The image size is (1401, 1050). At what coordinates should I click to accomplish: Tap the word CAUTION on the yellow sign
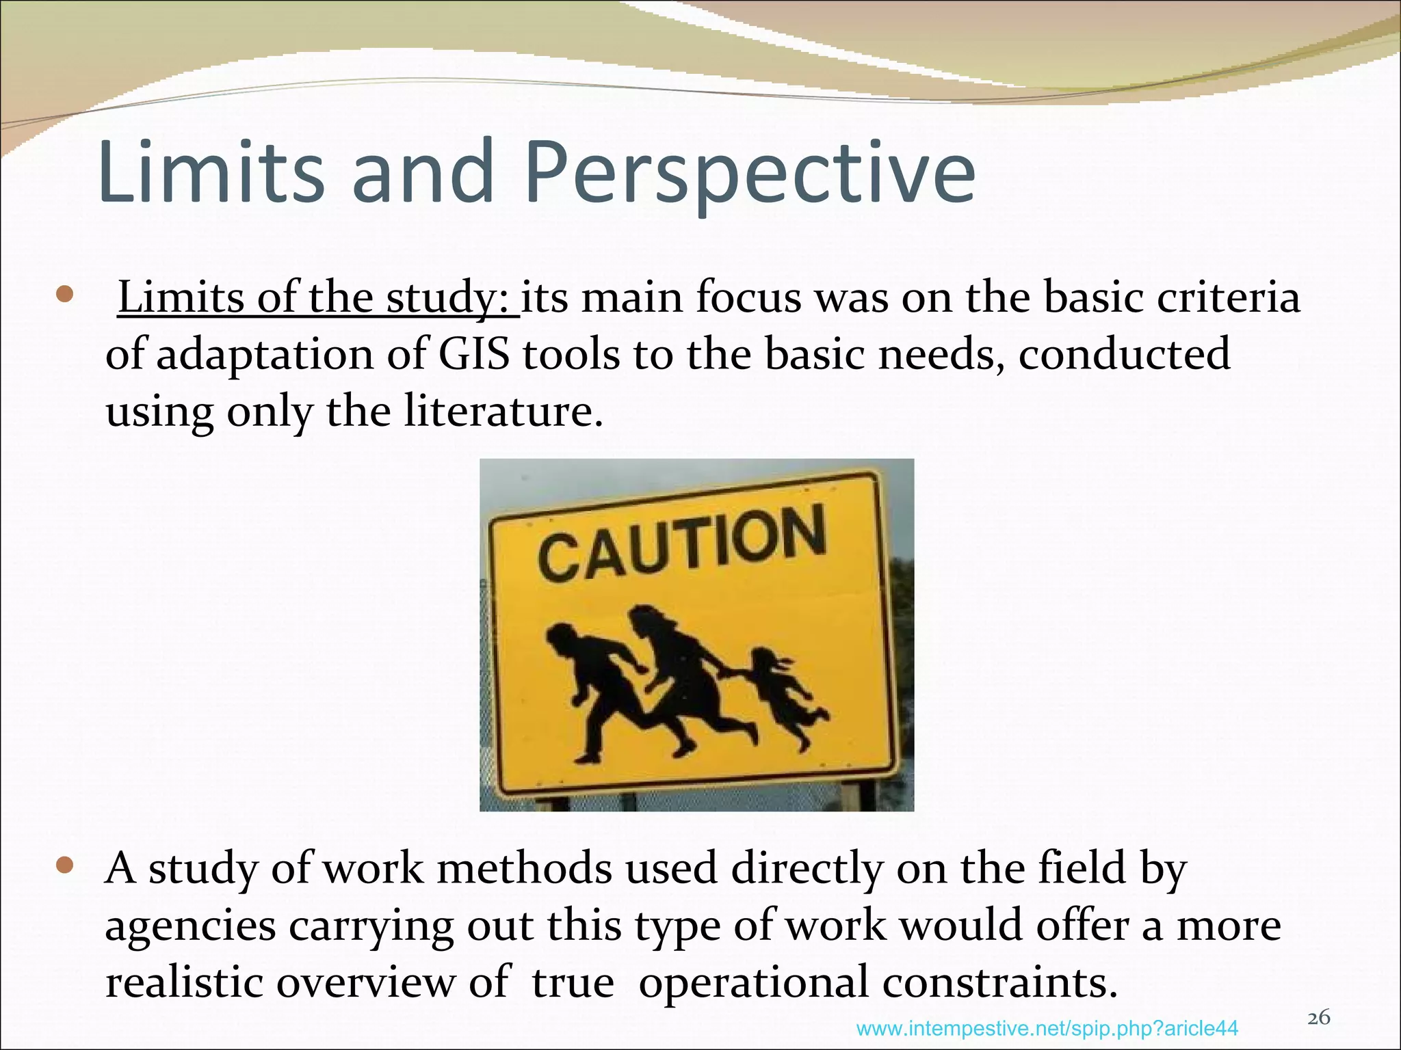[x=682, y=543]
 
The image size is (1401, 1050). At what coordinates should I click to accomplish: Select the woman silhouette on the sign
[x=684, y=677]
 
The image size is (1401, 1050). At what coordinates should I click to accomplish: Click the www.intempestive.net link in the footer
[x=1047, y=1028]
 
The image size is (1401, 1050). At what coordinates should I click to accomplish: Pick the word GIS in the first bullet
[x=474, y=355]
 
